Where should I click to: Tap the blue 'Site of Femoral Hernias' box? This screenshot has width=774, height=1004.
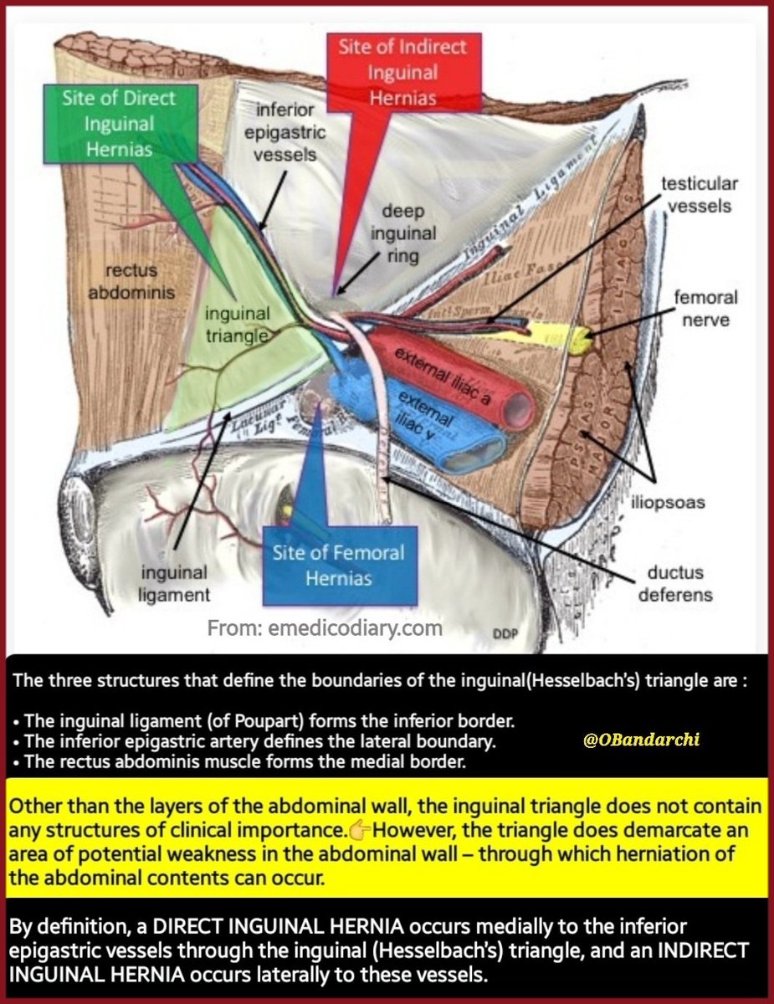pos(339,565)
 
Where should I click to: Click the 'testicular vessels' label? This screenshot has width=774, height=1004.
pos(700,194)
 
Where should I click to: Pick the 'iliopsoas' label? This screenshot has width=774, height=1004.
pos(667,503)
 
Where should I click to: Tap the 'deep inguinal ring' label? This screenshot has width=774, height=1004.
pos(404,231)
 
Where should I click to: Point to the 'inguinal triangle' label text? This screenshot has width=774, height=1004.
pos(238,325)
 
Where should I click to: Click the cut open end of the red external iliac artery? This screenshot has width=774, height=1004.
pos(520,407)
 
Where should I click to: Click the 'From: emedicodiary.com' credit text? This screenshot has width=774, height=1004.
pos(325,627)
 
